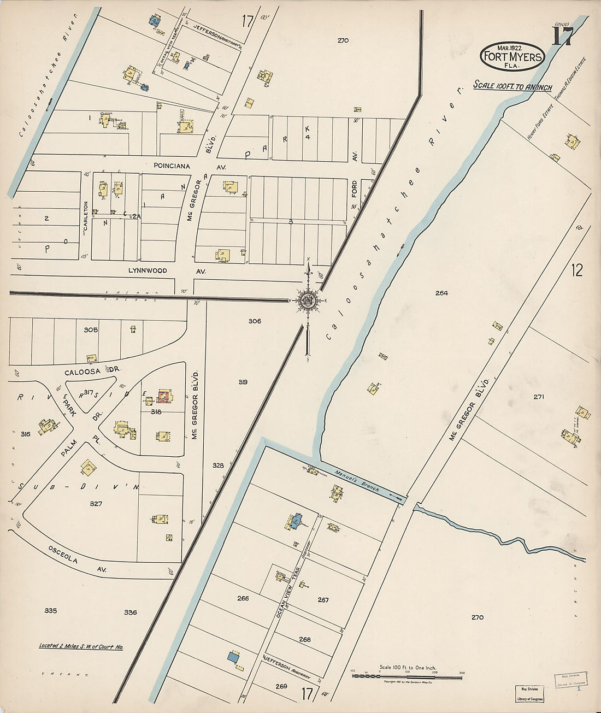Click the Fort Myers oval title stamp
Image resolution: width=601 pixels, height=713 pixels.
coord(512,56)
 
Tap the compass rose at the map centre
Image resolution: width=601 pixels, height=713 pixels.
coord(308,299)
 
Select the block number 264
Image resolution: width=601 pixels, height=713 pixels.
coord(441,293)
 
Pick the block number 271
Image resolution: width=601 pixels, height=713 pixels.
coord(538,397)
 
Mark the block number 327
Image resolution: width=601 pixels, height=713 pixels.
coord(96,504)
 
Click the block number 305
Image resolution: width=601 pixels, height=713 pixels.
coord(91,329)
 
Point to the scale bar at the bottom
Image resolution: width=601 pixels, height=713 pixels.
coord(406,676)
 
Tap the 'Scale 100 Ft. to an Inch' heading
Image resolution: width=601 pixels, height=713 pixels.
coord(512,86)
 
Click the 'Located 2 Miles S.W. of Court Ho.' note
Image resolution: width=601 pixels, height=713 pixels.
coord(81,646)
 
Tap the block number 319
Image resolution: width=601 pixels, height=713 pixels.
coord(243,382)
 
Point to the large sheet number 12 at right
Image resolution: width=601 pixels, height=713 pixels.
coord(577,269)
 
